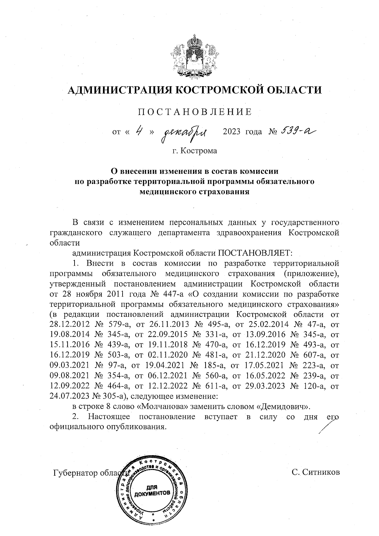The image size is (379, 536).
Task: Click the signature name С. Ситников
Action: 316,473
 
